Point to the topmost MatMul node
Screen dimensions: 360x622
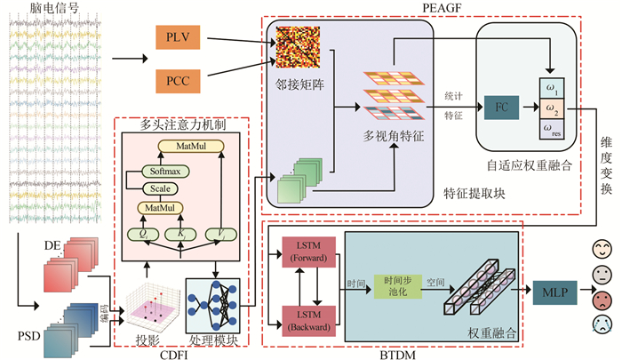coord(188,145)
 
